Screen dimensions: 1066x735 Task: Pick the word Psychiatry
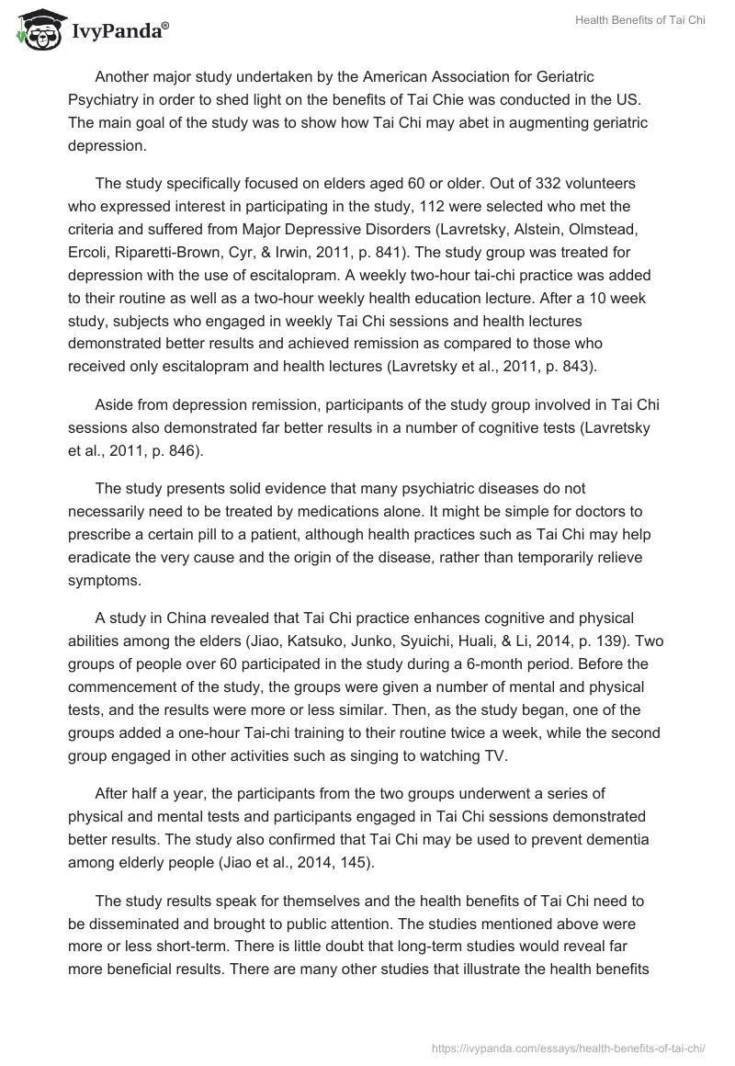pyautogui.click(x=107, y=99)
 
